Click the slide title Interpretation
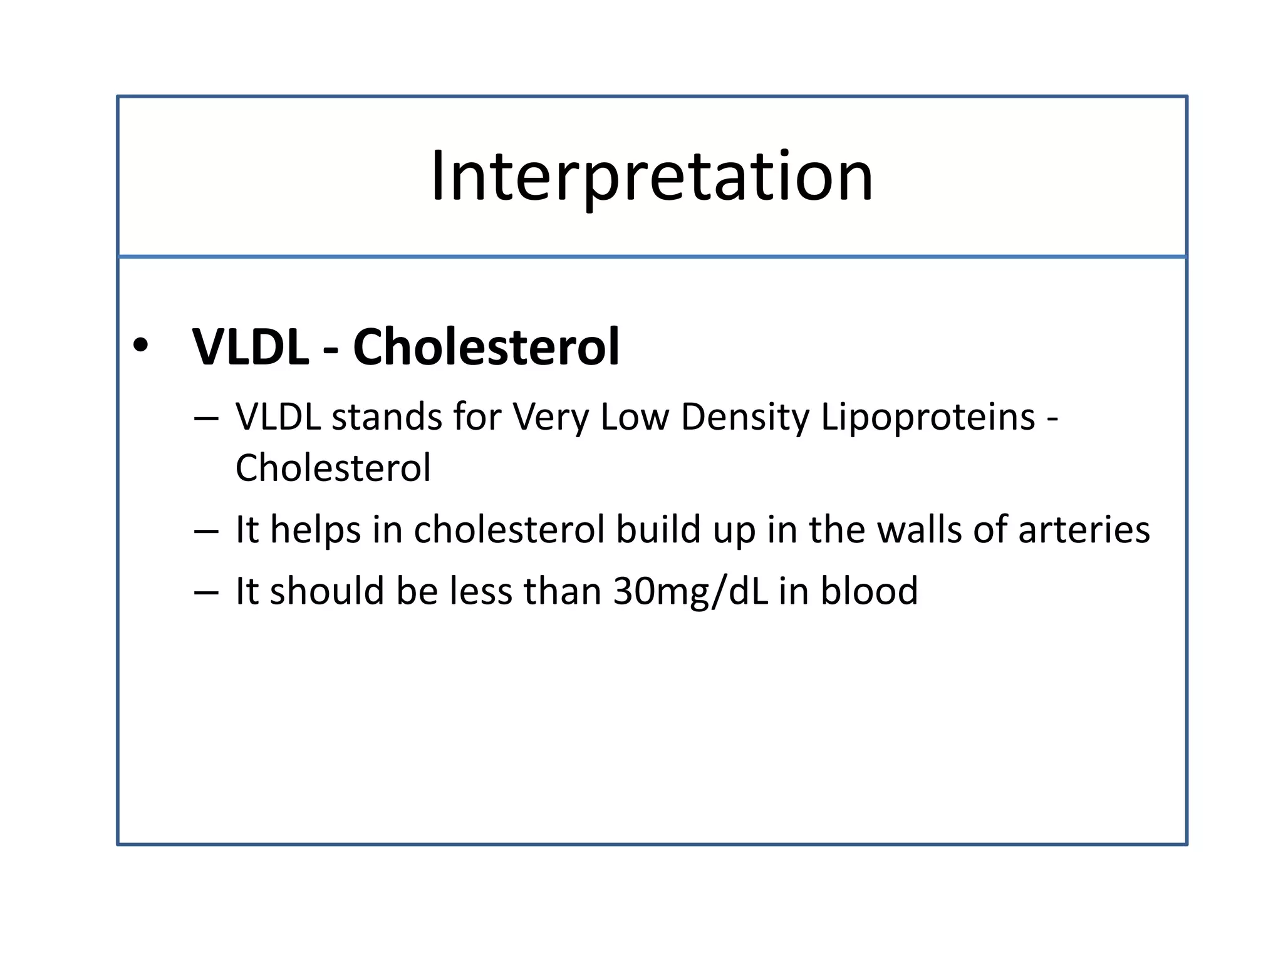652,177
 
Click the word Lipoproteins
927,418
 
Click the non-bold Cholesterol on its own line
333,468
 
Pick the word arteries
1084,530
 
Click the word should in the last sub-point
327,591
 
